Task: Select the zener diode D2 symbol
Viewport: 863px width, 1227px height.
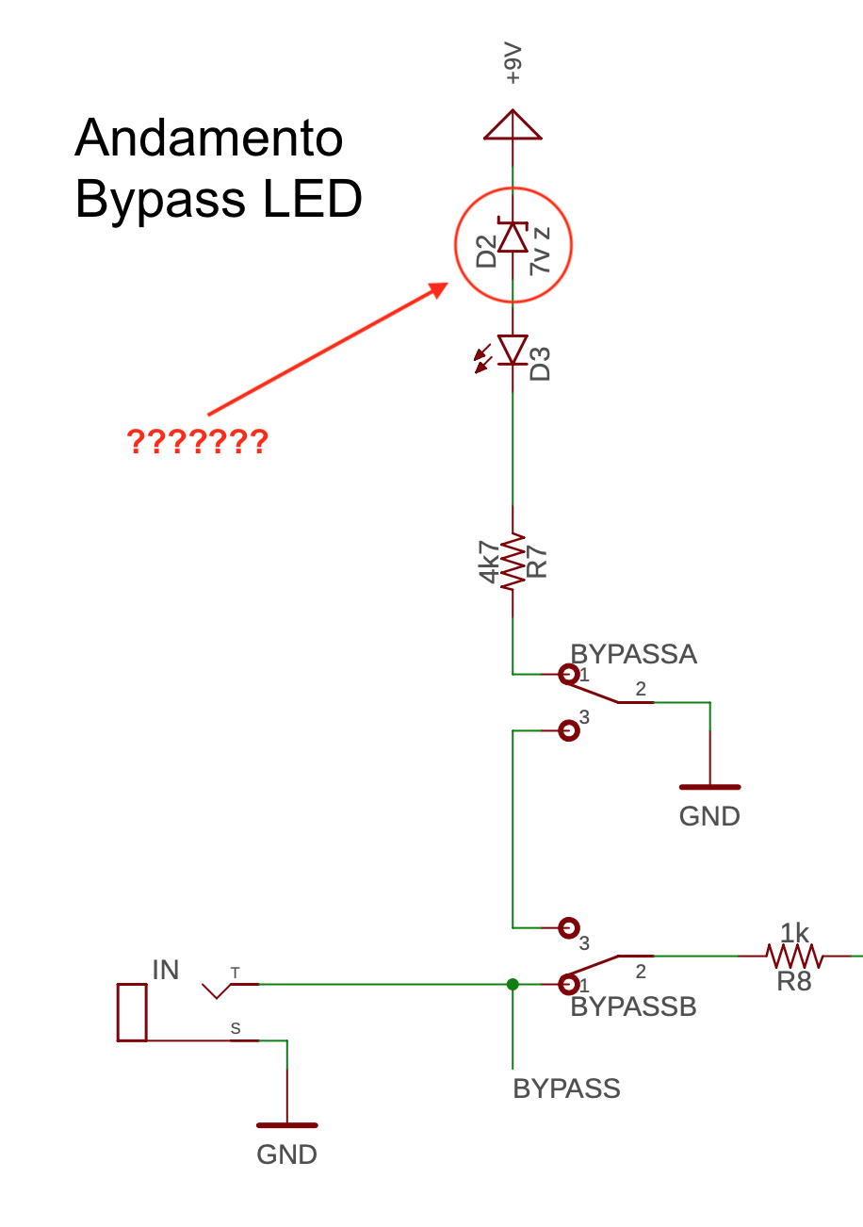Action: pyautogui.click(x=513, y=237)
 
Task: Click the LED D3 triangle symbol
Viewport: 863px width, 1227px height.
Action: pyautogui.click(x=513, y=350)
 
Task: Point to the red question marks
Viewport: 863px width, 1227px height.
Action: pyautogui.click(x=198, y=441)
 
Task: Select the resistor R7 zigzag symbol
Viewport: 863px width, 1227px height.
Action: pyautogui.click(x=513, y=562)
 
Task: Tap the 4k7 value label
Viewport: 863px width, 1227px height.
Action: pyautogui.click(x=489, y=562)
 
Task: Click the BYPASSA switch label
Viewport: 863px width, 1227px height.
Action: pyautogui.click(x=633, y=654)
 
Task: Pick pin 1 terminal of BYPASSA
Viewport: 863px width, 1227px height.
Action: pyautogui.click(x=568, y=674)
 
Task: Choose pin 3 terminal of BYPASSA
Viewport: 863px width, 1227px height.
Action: pyautogui.click(x=568, y=730)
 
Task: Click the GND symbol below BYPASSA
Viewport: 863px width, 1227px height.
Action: pyautogui.click(x=709, y=787)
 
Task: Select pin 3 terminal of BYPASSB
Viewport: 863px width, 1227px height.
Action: pyautogui.click(x=568, y=928)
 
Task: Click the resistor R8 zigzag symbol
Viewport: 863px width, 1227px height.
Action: pyautogui.click(x=795, y=957)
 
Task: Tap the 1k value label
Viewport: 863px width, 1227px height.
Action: pyautogui.click(x=794, y=933)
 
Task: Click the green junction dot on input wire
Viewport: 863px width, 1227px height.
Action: pyautogui.click(x=513, y=984)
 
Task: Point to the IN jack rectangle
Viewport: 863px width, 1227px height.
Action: pyautogui.click(x=132, y=1012)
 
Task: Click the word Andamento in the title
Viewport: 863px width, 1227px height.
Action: pyautogui.click(x=208, y=139)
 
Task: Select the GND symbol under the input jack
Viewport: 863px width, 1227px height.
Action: pyautogui.click(x=286, y=1125)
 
